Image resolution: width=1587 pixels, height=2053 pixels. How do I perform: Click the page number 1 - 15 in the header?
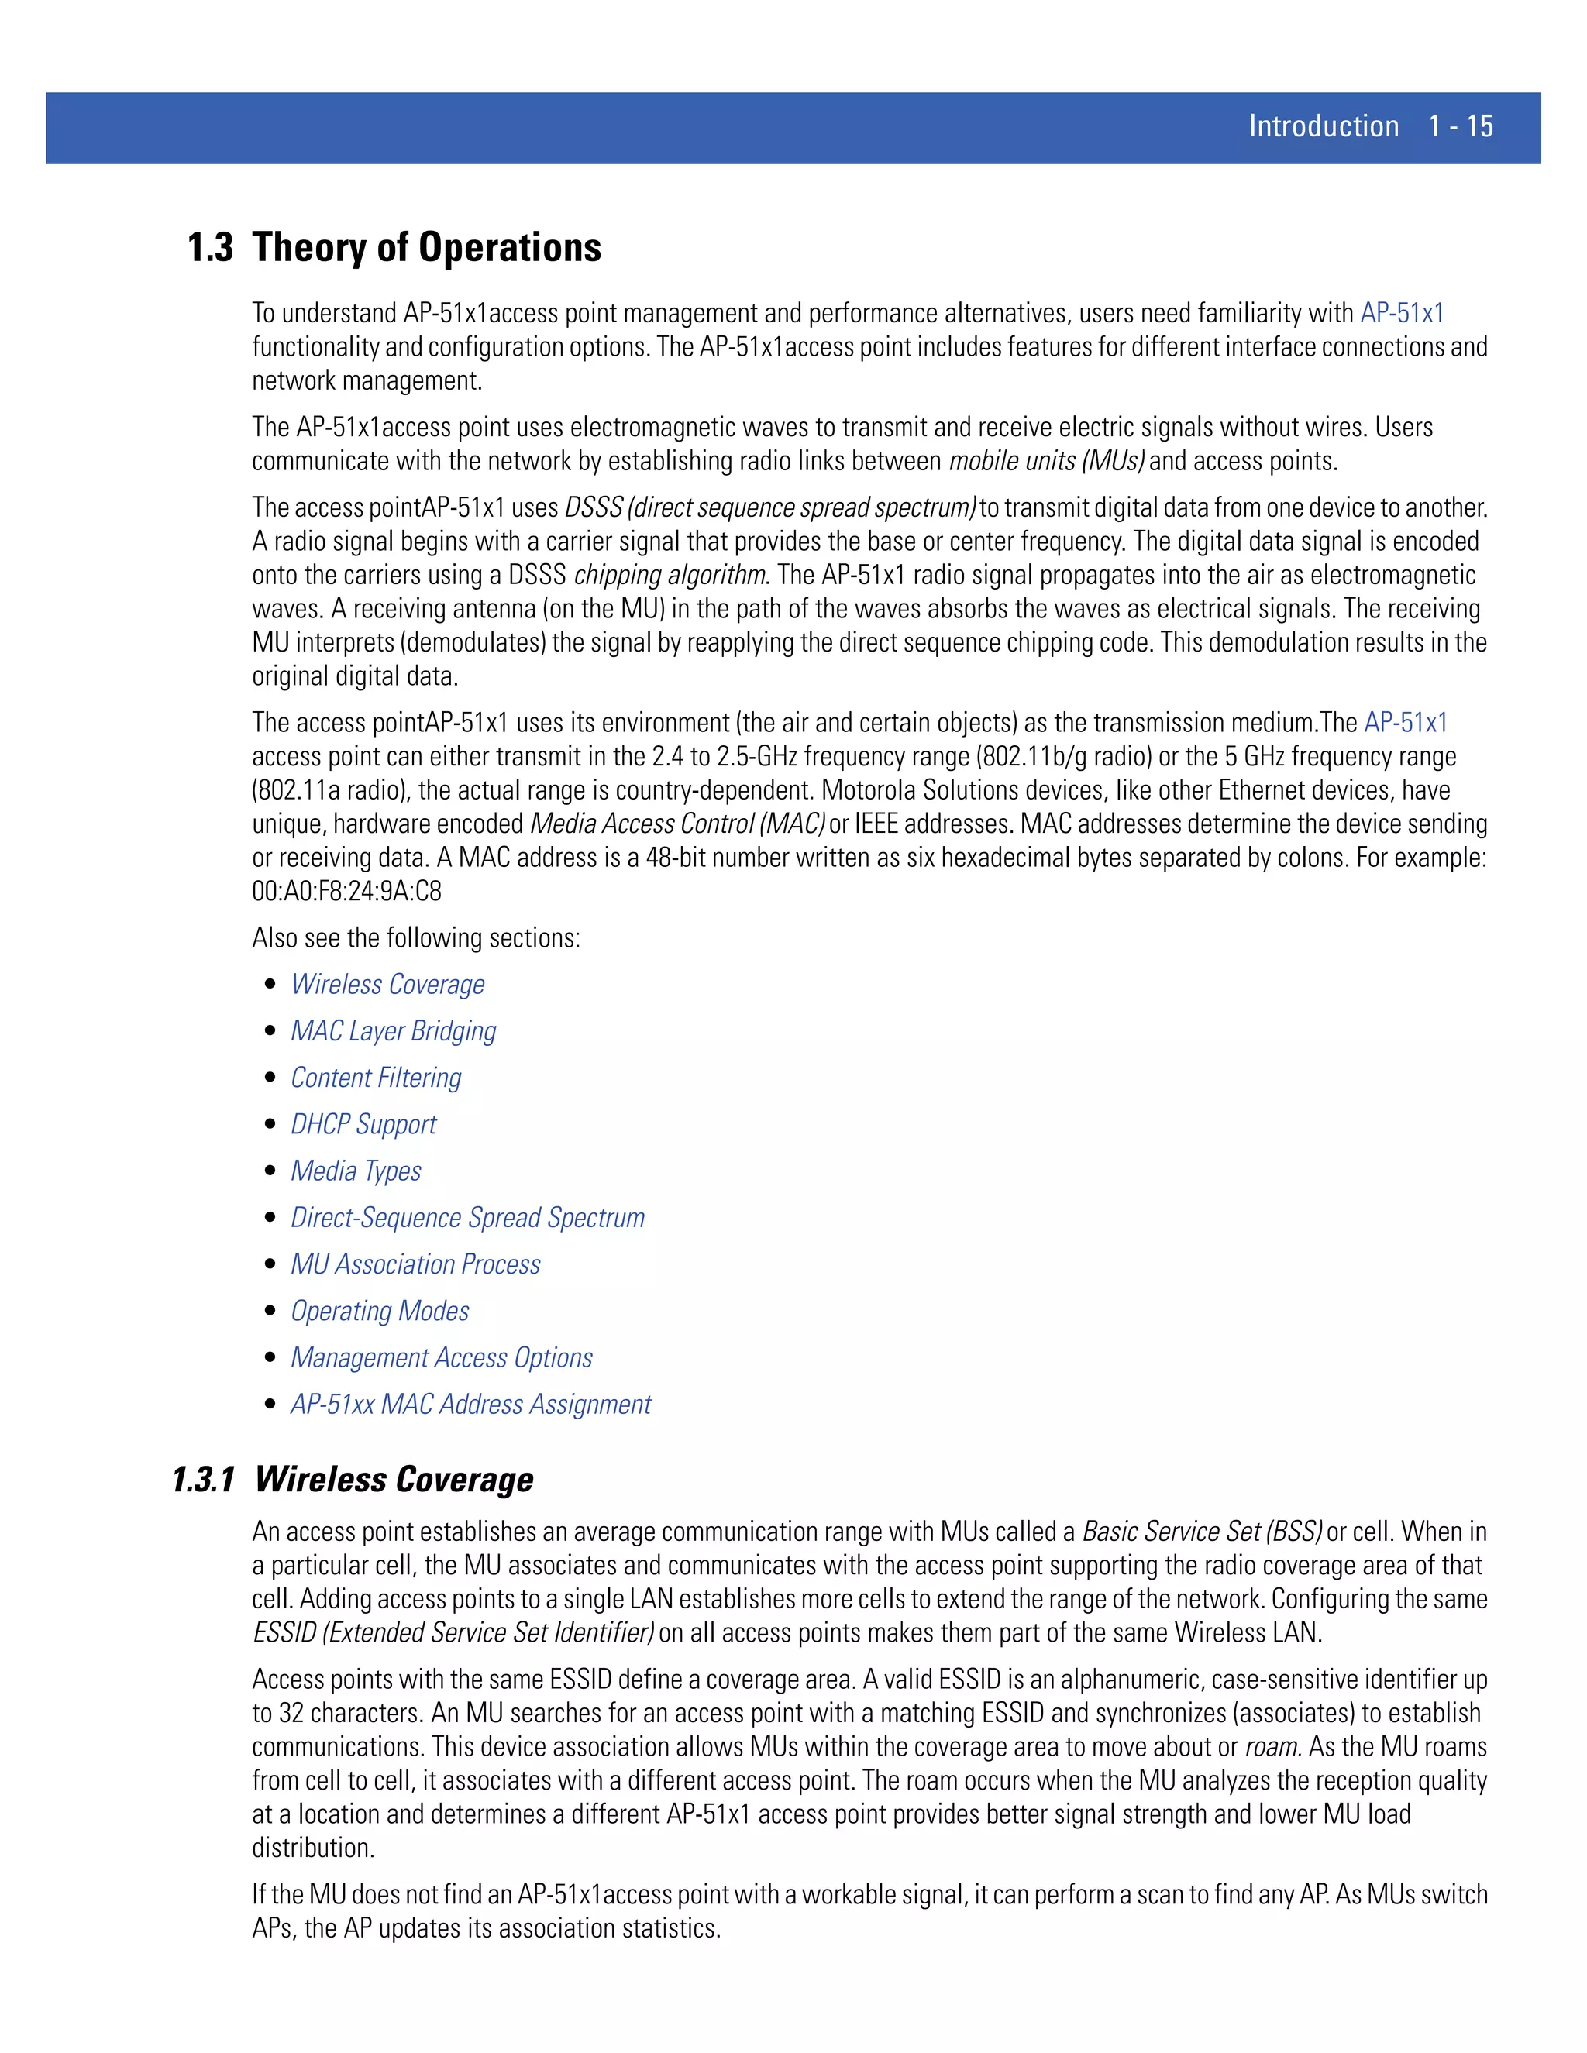1460,126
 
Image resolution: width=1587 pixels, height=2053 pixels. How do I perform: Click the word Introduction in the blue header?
1323,126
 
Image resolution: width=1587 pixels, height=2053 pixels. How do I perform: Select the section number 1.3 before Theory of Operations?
210,248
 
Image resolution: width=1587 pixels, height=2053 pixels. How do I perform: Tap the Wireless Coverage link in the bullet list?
387,984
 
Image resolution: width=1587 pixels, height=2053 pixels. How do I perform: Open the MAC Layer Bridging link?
393,1031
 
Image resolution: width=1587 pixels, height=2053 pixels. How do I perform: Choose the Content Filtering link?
376,1078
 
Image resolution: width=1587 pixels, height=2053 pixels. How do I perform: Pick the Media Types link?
356,1171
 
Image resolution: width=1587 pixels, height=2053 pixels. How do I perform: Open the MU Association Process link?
415,1264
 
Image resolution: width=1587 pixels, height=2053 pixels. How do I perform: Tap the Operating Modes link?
380,1312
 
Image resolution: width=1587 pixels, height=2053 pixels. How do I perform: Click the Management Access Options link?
441,1357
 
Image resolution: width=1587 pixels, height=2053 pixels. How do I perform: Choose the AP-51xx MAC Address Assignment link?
470,1405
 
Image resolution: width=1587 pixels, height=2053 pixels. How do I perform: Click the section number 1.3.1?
203,1480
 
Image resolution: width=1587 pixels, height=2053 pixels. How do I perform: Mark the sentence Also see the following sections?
415,938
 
